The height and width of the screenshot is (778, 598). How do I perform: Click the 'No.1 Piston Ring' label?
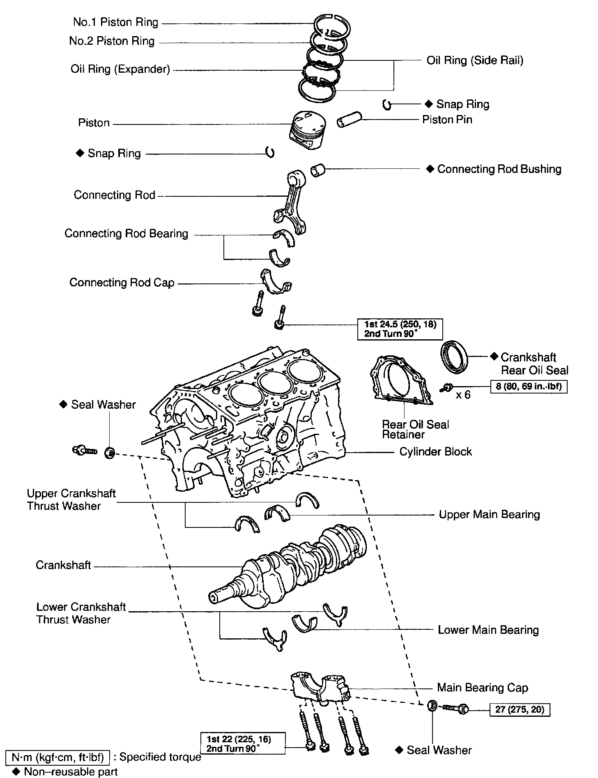coord(115,22)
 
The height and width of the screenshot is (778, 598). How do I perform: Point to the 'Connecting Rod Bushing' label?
coord(499,169)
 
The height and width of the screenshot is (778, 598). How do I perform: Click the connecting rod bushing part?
coord(318,169)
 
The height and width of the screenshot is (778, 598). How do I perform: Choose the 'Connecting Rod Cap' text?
coord(122,283)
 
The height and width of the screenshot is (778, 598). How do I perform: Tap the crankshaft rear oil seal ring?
coord(454,357)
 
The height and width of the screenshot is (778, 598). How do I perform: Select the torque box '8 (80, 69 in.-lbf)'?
coord(529,387)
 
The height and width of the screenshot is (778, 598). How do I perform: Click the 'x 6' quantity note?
coord(463,395)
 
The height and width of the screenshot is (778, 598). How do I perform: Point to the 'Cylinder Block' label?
coord(435,452)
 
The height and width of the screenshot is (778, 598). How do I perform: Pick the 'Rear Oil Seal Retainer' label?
coord(415,429)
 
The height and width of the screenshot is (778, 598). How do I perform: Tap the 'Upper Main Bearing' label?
coord(489,515)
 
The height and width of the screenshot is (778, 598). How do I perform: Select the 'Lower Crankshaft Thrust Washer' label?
coord(81,613)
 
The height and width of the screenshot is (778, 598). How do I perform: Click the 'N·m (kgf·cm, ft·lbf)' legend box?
coord(57,757)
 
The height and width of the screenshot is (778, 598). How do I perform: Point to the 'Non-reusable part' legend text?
coord(71,772)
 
